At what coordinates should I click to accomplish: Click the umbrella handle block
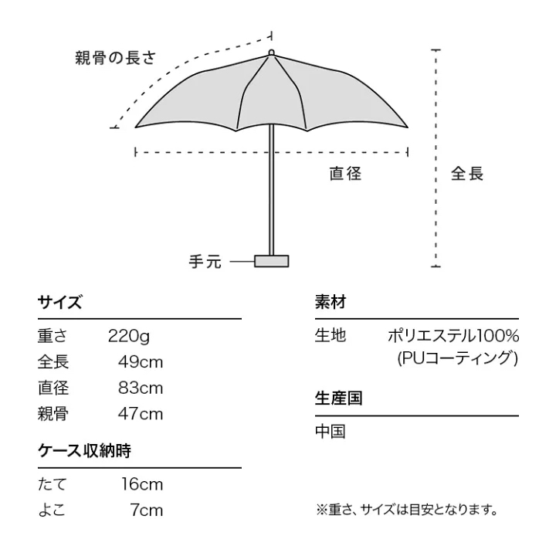tap(271, 261)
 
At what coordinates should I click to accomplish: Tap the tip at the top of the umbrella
tap(271, 53)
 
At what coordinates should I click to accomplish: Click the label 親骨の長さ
tap(115, 58)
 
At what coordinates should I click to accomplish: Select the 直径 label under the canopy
tap(345, 174)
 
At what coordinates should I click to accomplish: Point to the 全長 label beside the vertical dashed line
tap(467, 174)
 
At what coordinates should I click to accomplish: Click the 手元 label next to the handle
tap(205, 262)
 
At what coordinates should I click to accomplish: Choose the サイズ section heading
tap(60, 303)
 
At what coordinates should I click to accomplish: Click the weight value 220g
tap(129, 336)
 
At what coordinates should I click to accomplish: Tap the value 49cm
tap(141, 362)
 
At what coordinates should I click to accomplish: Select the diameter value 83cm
tap(141, 388)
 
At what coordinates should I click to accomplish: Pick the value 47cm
tap(141, 414)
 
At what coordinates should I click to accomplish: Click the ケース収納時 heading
tap(84, 451)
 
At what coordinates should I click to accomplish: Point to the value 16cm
tap(142, 484)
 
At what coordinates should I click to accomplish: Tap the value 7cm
tap(147, 510)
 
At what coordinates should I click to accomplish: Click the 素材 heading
tap(331, 303)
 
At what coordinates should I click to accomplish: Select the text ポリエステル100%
tap(453, 335)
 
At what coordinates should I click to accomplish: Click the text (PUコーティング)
tap(457, 358)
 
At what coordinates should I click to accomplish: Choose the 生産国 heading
tap(339, 398)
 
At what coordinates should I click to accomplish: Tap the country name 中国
tap(331, 432)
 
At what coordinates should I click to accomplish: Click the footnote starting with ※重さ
tap(407, 510)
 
